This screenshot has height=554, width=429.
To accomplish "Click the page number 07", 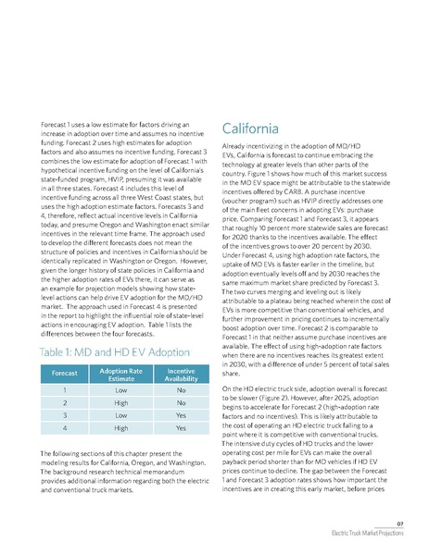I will (x=399, y=523).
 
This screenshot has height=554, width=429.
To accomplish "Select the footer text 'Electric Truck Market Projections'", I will (x=367, y=536).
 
